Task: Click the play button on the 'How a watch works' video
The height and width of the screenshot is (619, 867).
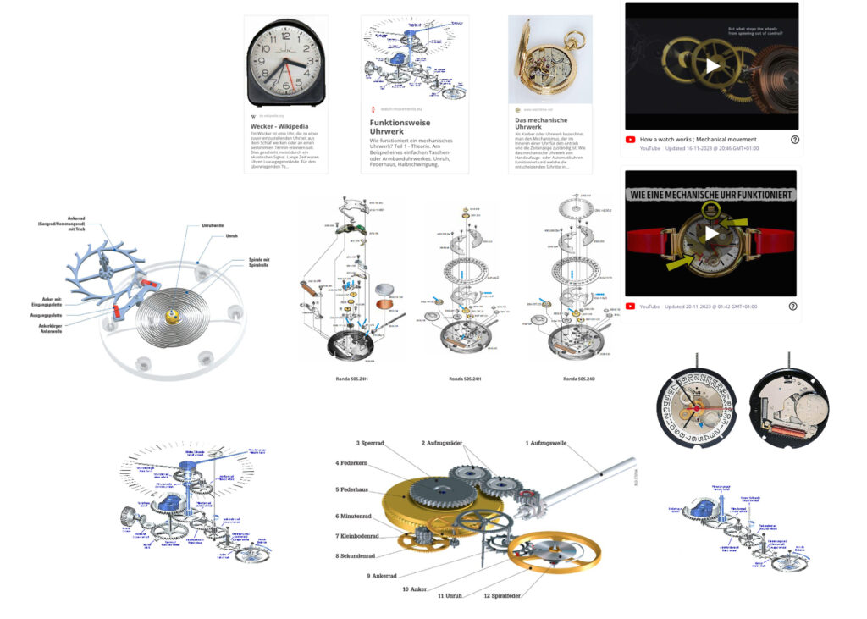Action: [x=711, y=65]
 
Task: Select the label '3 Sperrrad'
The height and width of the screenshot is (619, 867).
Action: [x=370, y=443]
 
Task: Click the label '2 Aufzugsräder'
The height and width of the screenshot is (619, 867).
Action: [x=448, y=443]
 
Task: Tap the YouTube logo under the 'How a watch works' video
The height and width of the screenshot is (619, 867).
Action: [x=631, y=140]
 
